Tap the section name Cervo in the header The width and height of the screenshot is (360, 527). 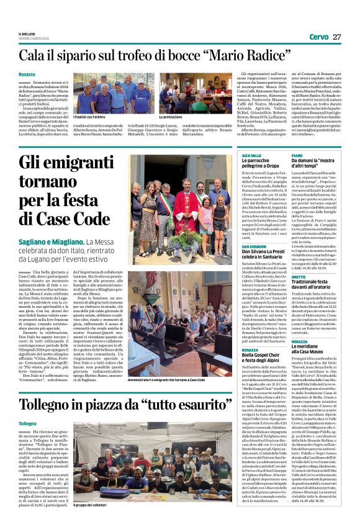point(318,37)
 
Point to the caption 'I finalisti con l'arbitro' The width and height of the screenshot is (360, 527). point(92,117)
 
